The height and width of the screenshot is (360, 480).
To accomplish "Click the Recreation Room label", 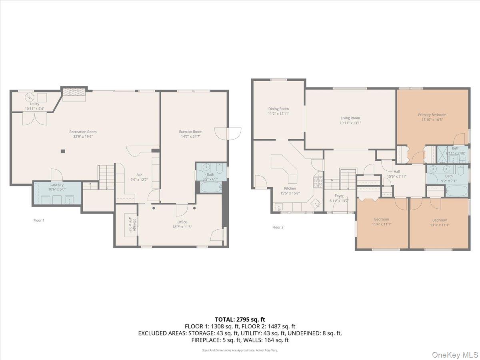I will pos(83,132).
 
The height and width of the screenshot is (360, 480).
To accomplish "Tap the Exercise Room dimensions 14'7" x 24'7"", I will pos(190,136).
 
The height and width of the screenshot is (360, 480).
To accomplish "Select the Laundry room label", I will pos(57,184).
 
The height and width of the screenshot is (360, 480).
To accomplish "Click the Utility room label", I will pos(34,104).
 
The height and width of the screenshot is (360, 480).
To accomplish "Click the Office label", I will pos(182,222).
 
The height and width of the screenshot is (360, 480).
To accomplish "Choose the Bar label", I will pos(139,174).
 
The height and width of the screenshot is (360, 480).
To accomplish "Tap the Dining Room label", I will pos(278,109).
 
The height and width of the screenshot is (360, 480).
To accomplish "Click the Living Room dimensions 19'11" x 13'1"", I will pos(350,123).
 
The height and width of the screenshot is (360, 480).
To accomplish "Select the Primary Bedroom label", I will pos(432,115).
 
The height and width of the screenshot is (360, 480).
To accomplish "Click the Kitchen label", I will pos(290,188).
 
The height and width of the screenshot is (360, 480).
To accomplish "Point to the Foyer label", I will pos(339,196).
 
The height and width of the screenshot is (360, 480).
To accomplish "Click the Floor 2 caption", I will pos(278,227).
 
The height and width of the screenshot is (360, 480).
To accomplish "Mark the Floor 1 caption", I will pos(39,220).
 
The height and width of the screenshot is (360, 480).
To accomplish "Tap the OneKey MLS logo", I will pos(457,354).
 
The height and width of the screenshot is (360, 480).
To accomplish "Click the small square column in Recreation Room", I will pos(63,151).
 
